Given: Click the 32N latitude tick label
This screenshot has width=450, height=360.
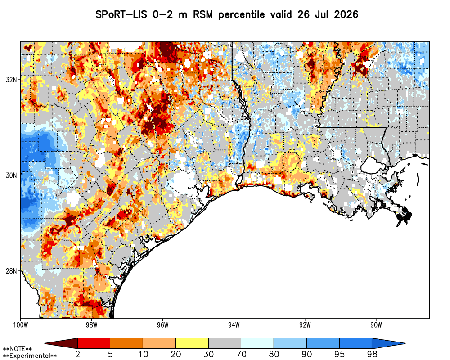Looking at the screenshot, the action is click(x=11, y=80).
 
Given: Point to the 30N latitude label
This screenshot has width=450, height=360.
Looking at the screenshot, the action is click(x=11, y=175).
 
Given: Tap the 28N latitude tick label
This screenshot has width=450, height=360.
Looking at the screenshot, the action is click(x=11, y=271).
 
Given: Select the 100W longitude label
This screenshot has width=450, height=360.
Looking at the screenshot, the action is click(x=20, y=325).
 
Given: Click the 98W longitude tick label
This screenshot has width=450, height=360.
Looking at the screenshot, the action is click(x=91, y=325).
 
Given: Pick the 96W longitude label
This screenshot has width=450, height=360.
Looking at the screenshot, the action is click(x=163, y=325).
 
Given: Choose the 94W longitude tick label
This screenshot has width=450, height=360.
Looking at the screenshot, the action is click(x=234, y=325).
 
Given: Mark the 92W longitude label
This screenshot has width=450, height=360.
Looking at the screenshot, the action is click(x=305, y=325).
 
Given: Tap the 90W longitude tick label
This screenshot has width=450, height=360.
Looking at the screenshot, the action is click(x=376, y=325).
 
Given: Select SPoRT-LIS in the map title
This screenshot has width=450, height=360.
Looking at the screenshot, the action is click(x=121, y=14).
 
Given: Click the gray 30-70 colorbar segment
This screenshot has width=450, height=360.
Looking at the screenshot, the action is click(x=225, y=343).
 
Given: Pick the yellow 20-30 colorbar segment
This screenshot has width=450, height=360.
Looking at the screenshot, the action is click(x=192, y=343).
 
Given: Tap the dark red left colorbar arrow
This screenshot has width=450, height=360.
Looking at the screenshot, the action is click(x=61, y=343).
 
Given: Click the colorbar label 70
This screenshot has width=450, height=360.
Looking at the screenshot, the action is click(x=241, y=354).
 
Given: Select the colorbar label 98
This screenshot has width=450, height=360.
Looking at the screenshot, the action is click(x=372, y=354).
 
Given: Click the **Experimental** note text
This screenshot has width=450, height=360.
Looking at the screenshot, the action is click(x=30, y=356).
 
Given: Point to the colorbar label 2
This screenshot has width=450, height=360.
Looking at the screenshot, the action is click(x=78, y=354).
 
